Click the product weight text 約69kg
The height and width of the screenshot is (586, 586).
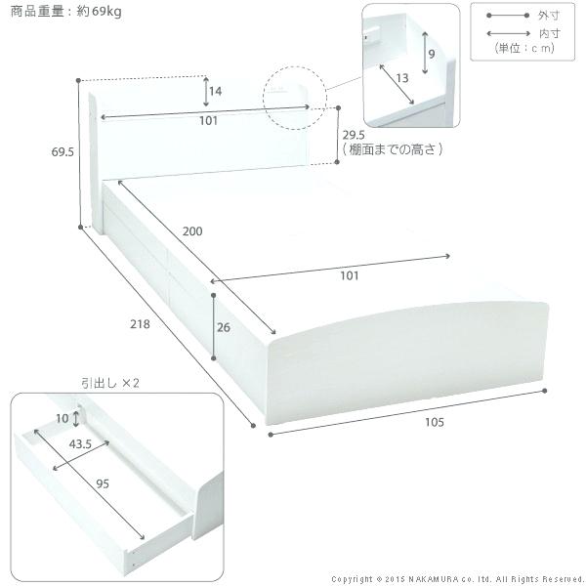[89, 12]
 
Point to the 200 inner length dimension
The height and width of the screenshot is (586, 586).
[193, 231]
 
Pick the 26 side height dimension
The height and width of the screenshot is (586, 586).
[224, 327]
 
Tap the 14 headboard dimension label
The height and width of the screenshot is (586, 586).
[215, 92]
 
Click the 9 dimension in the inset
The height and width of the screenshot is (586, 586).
[431, 55]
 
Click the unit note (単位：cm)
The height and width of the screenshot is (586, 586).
[523, 49]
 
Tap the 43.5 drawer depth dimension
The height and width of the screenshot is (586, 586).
[82, 443]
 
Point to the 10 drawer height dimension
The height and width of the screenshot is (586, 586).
[63, 419]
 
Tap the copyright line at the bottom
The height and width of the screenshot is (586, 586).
[457, 578]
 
